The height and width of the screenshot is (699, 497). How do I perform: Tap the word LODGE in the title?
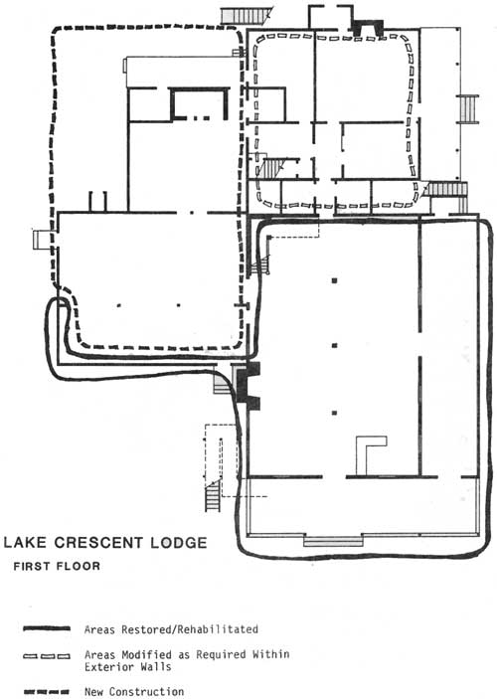[179, 543]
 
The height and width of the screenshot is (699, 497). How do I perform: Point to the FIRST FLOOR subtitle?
[57, 566]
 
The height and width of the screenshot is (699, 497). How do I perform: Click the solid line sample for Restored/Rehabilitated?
[47, 628]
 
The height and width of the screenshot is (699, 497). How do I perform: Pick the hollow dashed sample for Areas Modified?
[47, 656]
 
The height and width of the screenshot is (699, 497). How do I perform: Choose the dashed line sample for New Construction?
[47, 692]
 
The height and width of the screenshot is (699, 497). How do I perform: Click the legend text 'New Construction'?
[134, 692]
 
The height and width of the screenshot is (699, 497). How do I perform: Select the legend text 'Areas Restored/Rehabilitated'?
[171, 629]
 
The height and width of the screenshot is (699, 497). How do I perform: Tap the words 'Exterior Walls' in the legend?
[128, 667]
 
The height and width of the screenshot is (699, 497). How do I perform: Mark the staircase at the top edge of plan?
[247, 16]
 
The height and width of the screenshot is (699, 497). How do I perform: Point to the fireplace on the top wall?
[368, 28]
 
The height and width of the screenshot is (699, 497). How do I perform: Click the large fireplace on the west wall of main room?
[248, 386]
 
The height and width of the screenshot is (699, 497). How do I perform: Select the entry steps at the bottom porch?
[333, 542]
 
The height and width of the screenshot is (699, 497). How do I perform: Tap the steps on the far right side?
[467, 109]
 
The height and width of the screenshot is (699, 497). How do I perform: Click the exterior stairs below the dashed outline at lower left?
[213, 496]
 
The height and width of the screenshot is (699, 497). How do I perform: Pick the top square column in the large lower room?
[334, 280]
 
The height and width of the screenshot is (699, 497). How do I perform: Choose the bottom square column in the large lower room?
[334, 413]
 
